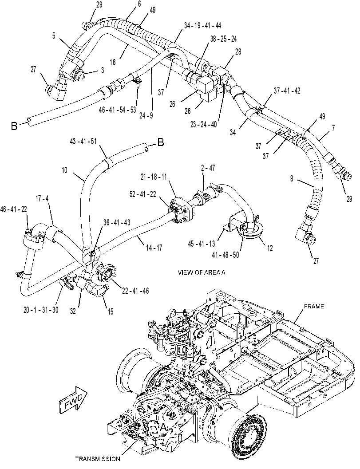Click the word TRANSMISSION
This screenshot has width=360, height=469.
point(98,458)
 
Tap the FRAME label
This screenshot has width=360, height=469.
point(314,306)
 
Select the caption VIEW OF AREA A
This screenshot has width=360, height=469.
point(201,272)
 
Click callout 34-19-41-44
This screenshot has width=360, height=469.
point(202,26)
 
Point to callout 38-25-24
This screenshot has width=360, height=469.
point(223,39)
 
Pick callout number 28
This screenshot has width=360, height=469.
point(238,52)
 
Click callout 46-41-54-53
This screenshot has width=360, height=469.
point(117,110)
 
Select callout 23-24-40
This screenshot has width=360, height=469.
point(203,124)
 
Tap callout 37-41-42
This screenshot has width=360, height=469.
point(287,91)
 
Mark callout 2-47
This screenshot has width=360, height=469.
point(208,168)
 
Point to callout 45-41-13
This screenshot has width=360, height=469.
point(202,244)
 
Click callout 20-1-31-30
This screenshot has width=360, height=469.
point(41,310)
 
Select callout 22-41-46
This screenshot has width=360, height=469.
point(135,290)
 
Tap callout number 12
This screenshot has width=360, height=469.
point(269,248)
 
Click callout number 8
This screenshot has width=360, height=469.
point(292,179)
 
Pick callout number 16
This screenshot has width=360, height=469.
point(112,62)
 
